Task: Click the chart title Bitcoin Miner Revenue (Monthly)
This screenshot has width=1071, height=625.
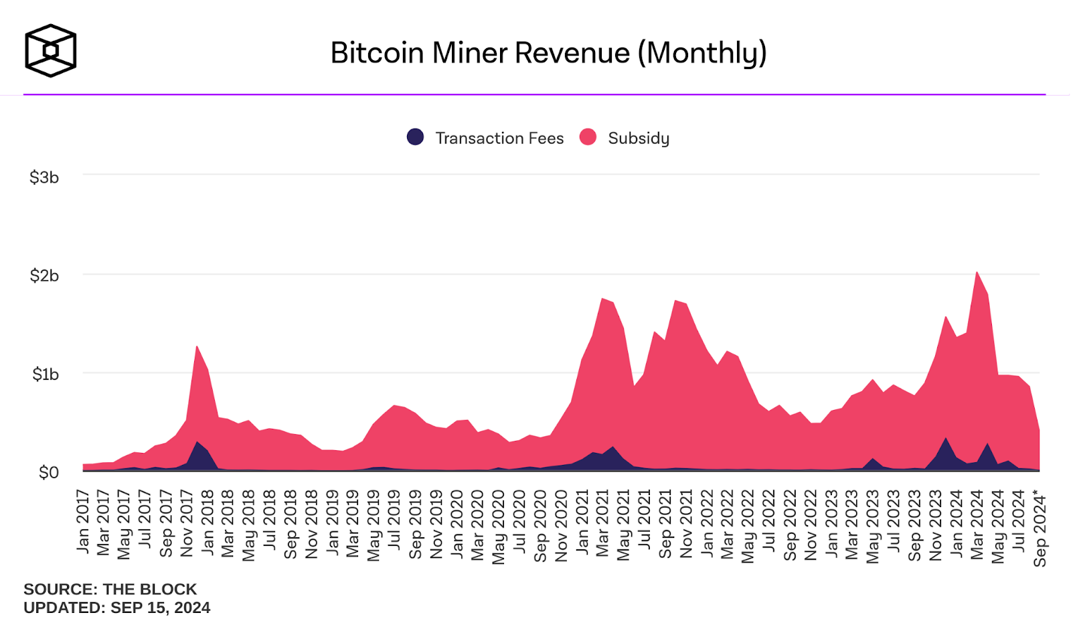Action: pos(548,53)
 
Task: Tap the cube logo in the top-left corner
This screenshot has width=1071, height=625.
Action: pos(50,50)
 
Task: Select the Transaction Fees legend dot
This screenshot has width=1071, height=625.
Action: pos(415,137)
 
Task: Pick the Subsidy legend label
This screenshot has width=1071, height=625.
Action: pos(638,138)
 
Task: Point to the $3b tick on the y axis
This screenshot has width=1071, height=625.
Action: pos(44,178)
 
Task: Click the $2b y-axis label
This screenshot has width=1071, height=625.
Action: pos(44,275)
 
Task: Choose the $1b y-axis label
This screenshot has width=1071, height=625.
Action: pos(46,374)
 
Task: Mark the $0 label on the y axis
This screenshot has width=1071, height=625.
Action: pos(48,472)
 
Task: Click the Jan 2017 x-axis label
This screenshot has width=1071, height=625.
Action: pos(83,522)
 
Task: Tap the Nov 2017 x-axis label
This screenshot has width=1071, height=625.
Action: pos(187,523)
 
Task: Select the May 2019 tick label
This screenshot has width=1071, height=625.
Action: pos(374,526)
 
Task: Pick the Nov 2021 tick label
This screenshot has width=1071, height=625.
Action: pos(686,523)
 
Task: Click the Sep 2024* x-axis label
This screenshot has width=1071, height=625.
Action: pos(1040,529)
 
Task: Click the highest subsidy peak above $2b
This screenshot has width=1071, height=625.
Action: pos(977,273)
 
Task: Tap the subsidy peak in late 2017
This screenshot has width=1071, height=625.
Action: pos(197,347)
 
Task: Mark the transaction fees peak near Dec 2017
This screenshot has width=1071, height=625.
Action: pos(197,443)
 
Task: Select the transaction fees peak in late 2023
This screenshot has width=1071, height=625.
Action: pos(945,439)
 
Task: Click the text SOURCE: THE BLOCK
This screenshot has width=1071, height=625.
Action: pos(110,589)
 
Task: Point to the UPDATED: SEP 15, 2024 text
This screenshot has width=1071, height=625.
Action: pos(116,608)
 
